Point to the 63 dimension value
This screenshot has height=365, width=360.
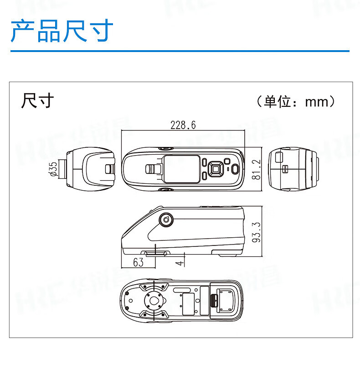138,262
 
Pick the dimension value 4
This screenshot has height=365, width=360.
181,262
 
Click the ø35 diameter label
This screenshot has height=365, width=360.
53,169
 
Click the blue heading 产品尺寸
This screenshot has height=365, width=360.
62,31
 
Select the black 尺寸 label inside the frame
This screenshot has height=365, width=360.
37,100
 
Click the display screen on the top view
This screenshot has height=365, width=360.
181,169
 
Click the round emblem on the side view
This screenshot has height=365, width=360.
165,220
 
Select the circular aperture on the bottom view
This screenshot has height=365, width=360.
154,301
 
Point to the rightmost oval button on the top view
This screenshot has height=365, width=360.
234,168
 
